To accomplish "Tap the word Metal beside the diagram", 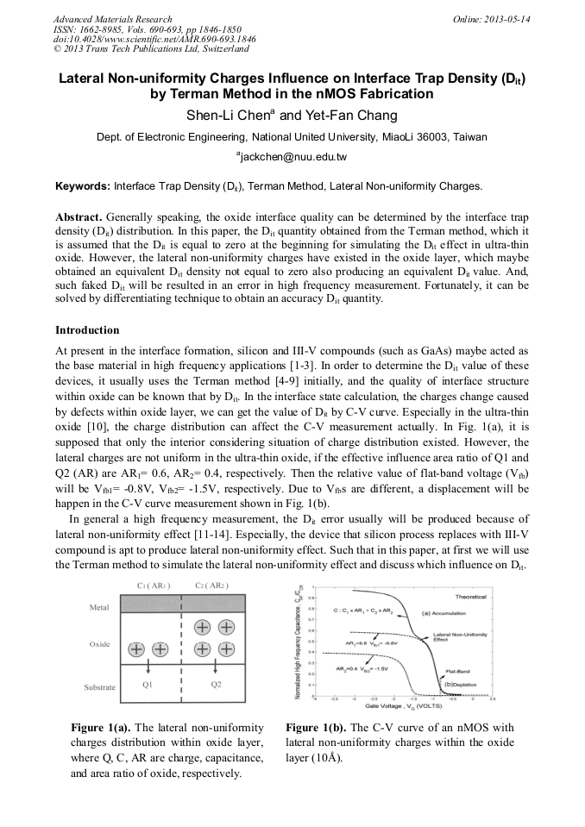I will pyautogui.click(x=99, y=607).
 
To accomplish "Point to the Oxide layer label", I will pyautogui.click(x=99, y=644).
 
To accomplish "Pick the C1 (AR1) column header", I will pyautogui.click(x=153, y=586).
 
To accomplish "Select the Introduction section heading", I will pyautogui.click(x=87, y=330).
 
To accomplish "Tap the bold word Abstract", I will pyautogui.click(x=79, y=215).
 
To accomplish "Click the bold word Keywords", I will pyautogui.click(x=82, y=185).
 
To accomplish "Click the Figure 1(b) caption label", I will pyautogui.click(x=316, y=728).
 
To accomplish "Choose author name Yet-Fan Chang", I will pyautogui.click(x=350, y=116).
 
